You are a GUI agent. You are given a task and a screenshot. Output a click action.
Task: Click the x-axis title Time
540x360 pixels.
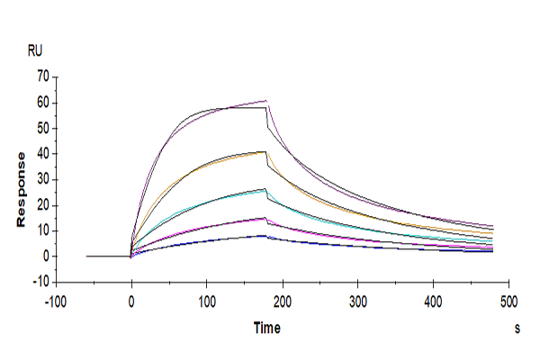(265, 328)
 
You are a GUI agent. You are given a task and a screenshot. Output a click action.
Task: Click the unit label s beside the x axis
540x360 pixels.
(517, 329)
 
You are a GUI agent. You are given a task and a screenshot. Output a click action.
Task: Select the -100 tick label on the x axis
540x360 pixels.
(56, 300)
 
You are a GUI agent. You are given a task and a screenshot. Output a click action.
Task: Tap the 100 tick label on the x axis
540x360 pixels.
(207, 300)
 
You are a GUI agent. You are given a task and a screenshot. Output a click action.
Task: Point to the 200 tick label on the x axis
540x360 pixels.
(283, 300)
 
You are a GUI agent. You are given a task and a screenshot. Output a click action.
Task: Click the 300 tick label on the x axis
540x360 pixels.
(358, 300)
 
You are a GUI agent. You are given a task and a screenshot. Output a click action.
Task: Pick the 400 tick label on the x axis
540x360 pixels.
(434, 300)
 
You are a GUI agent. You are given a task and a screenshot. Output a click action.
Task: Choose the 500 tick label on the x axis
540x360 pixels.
(508, 300)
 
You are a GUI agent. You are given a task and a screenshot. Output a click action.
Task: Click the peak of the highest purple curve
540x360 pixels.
(266, 100)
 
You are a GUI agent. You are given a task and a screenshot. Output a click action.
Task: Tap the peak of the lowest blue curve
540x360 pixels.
(265, 236)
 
